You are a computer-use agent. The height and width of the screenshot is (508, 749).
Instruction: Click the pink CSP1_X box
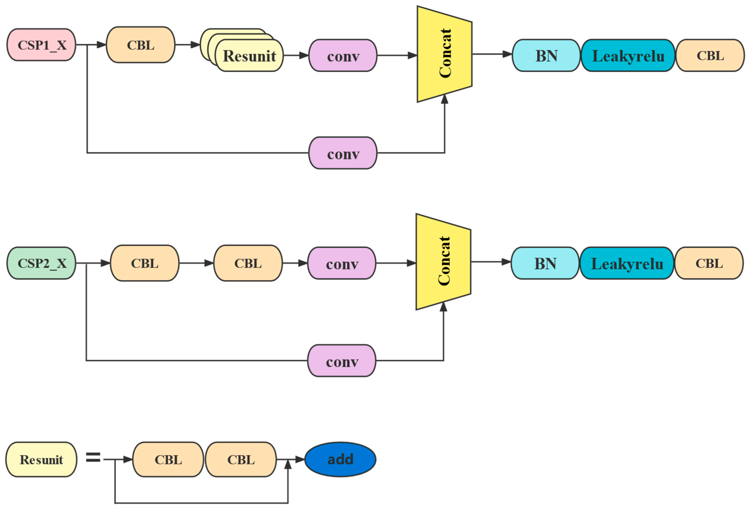(x=41, y=45)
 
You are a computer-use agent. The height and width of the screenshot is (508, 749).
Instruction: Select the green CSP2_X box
(x=41, y=263)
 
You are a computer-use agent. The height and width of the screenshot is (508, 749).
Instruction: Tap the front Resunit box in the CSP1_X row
(x=249, y=56)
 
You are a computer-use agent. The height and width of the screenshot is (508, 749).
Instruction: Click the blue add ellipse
(x=340, y=459)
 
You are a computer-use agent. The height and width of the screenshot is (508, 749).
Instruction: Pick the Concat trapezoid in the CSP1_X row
(x=444, y=54)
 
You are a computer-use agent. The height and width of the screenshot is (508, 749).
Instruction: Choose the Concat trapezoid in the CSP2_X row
(x=443, y=262)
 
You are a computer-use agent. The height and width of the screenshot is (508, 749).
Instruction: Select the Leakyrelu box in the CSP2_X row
(x=627, y=263)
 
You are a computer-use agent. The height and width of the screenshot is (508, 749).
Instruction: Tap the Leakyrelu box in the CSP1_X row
(x=628, y=55)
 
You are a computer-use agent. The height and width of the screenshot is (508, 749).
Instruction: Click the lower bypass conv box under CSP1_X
(x=343, y=153)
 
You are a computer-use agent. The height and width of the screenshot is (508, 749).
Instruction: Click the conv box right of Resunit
(x=343, y=55)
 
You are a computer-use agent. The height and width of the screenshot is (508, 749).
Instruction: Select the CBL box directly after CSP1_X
(x=141, y=45)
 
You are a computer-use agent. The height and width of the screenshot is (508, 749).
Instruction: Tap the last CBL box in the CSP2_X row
(x=709, y=263)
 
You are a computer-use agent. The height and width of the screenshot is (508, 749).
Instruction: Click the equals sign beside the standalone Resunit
(x=93, y=457)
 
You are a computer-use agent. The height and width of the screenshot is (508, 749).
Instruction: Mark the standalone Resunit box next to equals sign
(x=41, y=459)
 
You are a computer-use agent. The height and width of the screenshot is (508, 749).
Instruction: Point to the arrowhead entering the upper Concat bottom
(x=444, y=99)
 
